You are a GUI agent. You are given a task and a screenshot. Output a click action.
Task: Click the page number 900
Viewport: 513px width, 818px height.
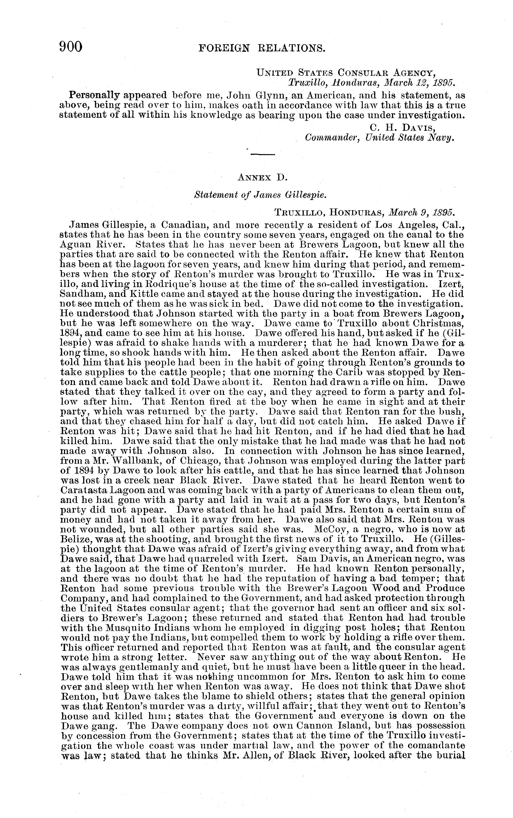coord(71,46)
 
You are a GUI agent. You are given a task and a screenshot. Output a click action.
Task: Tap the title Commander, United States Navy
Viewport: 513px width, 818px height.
coord(379,138)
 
